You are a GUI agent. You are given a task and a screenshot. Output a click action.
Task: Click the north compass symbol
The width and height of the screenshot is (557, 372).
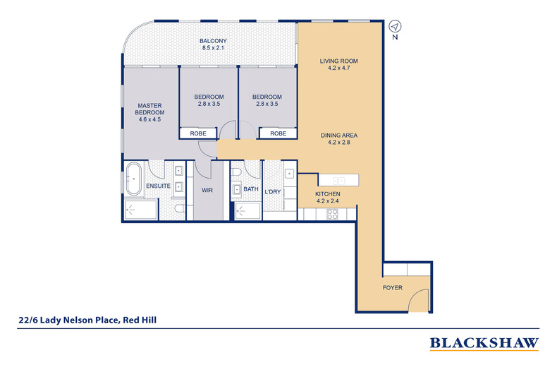click(x=395, y=25)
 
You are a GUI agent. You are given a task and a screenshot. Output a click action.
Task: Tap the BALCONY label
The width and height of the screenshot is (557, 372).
click(x=213, y=40)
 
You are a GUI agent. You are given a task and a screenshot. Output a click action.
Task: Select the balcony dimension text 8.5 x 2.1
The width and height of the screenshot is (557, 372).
click(x=213, y=47)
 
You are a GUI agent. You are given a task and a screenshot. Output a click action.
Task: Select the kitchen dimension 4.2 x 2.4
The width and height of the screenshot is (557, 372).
click(x=328, y=201)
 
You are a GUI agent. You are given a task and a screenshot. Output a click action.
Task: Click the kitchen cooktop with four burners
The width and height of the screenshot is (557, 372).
click(x=331, y=214)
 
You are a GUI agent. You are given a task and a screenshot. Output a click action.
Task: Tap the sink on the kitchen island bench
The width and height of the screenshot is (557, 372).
click(x=338, y=181)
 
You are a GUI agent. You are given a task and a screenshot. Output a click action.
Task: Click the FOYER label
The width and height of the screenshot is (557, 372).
click(x=393, y=288)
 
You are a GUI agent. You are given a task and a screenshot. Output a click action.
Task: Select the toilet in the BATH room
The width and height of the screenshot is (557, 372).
click(x=238, y=172)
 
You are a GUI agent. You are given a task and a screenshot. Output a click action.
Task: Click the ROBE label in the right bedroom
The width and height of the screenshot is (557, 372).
click(x=278, y=133)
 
